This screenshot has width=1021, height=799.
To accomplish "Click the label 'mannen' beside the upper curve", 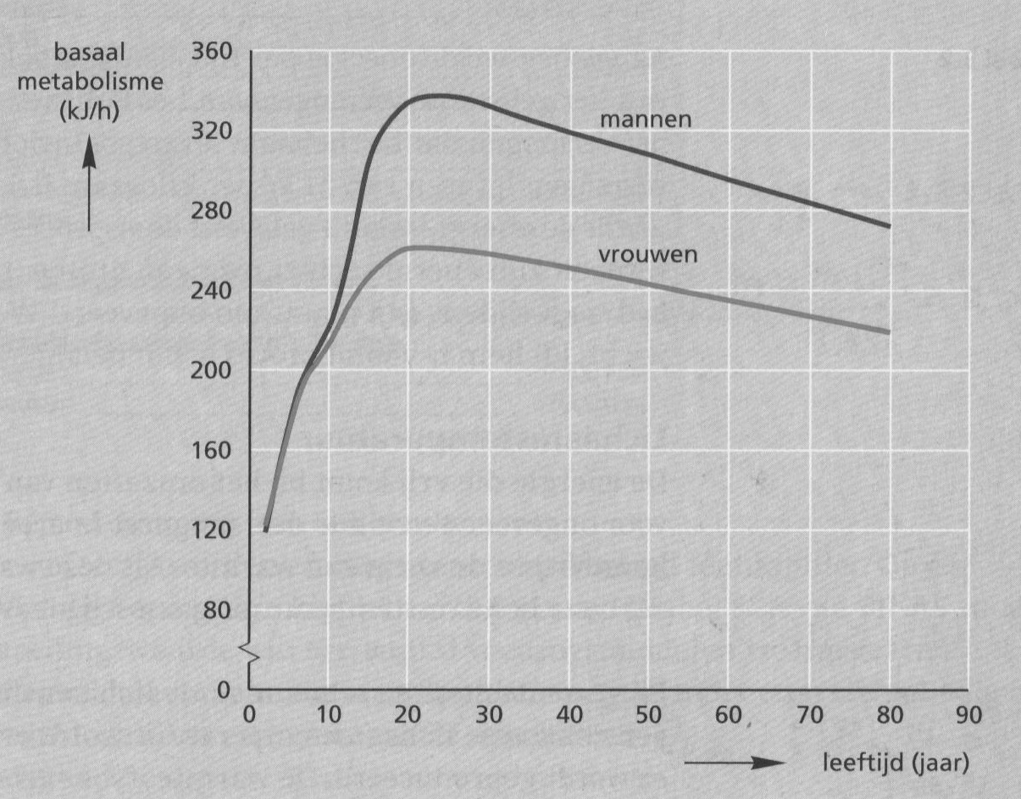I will coord(646,119).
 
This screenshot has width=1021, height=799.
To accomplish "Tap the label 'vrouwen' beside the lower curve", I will coord(648,254).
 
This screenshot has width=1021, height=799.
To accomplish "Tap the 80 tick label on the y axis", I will coord(218,610).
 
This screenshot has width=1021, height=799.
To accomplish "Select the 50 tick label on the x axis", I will coord(649,713).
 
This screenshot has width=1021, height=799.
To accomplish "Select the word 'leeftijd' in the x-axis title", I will coord(855,762).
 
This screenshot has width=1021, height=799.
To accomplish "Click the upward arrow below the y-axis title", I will coord(89,186).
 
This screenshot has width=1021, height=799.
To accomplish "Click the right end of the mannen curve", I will coord(890,226).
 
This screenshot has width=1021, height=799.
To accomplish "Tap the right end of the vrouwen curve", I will coord(890,331).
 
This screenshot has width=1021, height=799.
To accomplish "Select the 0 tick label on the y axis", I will coord(225,690).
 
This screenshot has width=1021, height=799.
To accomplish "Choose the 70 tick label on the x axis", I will coord(809,713).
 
